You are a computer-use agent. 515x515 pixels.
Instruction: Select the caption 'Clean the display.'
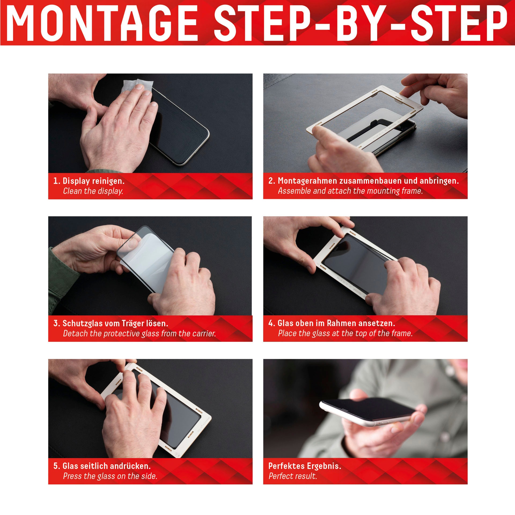(93, 191)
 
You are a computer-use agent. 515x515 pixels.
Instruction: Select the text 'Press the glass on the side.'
(110, 476)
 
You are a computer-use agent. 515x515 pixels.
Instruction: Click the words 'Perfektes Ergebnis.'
(305, 466)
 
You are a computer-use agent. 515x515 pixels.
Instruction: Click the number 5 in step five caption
(56, 466)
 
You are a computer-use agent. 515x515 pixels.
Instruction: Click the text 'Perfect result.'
(293, 476)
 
